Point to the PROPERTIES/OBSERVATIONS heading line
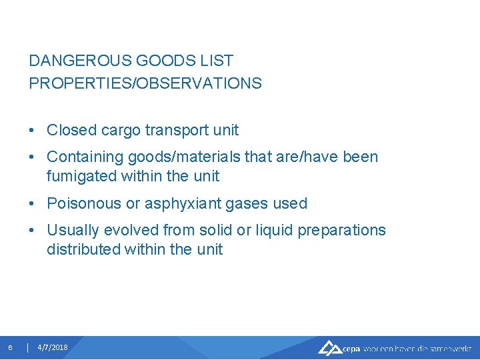point(145,83)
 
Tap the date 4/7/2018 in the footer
point(53,347)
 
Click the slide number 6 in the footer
point(10,347)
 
